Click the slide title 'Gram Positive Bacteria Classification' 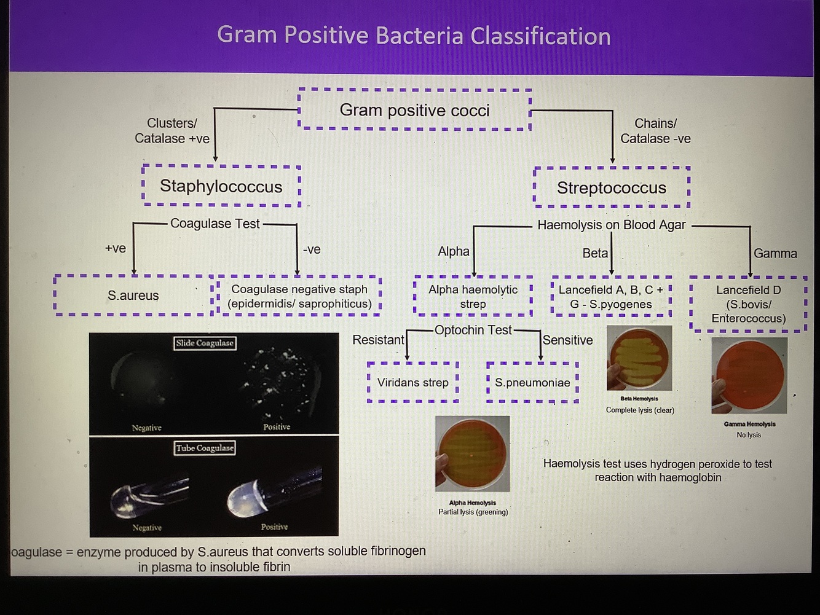tap(414, 36)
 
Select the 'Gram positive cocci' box tap(414, 110)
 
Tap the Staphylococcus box tap(221, 186)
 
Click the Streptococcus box tap(612, 187)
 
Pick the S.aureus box tap(133, 296)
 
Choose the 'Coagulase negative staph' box tap(299, 296)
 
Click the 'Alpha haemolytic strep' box tap(473, 296)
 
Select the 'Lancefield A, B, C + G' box tap(611, 296)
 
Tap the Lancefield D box tap(748, 304)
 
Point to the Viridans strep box tap(413, 382)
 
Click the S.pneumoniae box tap(532, 382)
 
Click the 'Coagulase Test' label tap(215, 224)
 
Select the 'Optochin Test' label tap(473, 330)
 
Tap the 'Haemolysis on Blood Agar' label tap(611, 225)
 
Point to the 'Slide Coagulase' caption tap(205, 343)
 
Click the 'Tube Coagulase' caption tap(205, 448)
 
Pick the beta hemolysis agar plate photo tap(639, 358)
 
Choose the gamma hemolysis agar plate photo tap(749, 375)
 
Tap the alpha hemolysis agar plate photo tap(473, 454)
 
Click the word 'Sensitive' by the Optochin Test tap(567, 340)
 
